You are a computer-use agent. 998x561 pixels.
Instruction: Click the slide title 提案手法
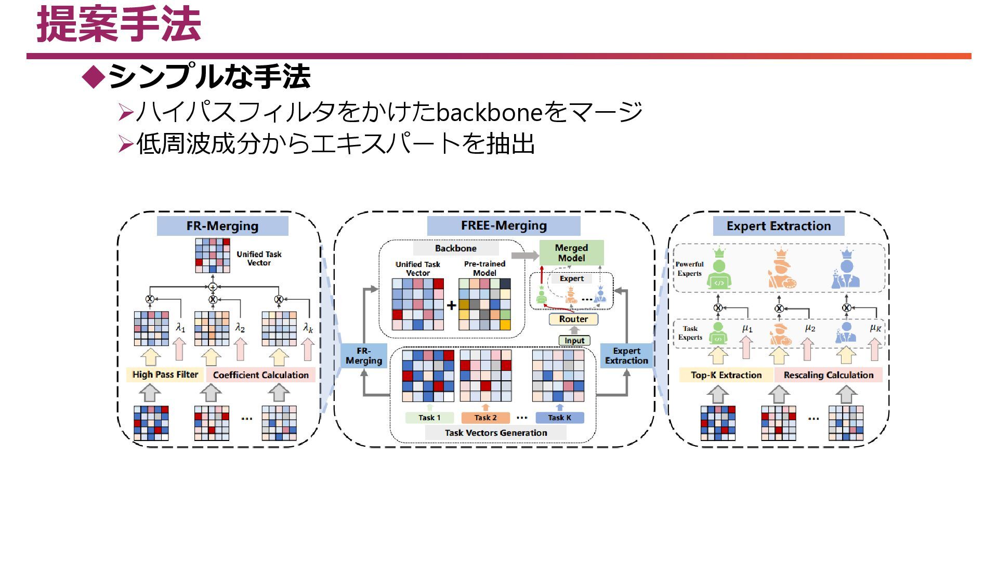click(x=119, y=25)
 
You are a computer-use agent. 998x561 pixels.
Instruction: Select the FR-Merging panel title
click(x=222, y=226)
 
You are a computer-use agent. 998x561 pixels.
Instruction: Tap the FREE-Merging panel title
click(x=504, y=225)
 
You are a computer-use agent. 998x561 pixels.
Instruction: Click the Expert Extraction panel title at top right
click(x=778, y=226)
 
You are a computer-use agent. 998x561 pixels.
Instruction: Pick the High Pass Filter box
click(x=165, y=375)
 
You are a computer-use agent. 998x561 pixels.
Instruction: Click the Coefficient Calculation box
click(x=260, y=375)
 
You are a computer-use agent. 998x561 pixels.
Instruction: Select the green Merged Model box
click(x=571, y=253)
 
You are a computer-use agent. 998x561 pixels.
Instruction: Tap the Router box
click(x=573, y=319)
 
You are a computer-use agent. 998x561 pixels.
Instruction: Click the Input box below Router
click(x=574, y=341)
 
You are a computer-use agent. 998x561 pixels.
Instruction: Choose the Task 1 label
click(x=429, y=418)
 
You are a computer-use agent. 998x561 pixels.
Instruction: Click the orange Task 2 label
click(x=485, y=418)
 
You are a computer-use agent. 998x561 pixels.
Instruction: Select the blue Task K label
click(x=559, y=418)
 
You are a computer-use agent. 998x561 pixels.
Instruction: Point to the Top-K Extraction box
click(x=726, y=375)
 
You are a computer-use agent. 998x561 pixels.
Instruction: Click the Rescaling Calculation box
click(x=829, y=375)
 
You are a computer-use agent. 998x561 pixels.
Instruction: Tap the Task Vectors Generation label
click(x=495, y=433)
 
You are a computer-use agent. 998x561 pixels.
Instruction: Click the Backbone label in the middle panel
click(x=455, y=248)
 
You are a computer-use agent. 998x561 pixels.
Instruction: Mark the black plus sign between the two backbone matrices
click(x=451, y=305)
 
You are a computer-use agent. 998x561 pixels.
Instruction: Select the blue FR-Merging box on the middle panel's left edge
click(x=364, y=356)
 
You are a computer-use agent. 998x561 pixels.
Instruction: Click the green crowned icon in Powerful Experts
click(x=719, y=270)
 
